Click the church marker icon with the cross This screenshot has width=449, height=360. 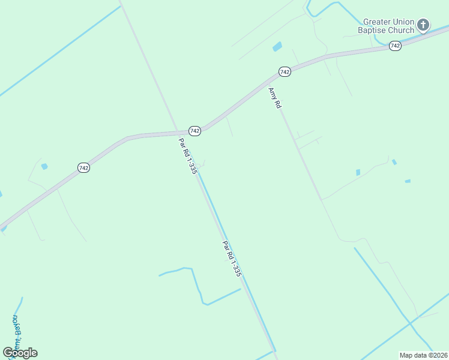[423, 25]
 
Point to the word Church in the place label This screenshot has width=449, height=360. [401, 31]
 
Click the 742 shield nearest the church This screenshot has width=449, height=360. [394, 46]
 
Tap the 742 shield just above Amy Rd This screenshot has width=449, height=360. [285, 72]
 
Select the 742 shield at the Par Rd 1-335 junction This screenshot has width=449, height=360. [194, 131]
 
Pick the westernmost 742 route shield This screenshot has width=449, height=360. [83, 168]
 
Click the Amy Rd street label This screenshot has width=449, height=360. [275, 98]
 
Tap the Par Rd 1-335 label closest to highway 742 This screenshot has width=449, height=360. [188, 156]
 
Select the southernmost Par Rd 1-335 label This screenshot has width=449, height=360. [232, 259]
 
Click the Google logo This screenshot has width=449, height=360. [20, 352]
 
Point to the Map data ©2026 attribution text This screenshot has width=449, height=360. [423, 355]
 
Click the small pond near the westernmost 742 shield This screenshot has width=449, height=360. [44, 166]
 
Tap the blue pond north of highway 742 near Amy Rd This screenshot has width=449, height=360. [277, 46]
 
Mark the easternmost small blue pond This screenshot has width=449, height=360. [408, 181]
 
